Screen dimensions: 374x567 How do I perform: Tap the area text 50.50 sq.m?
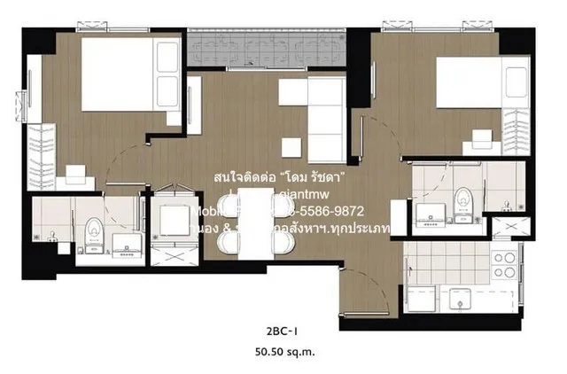(283, 352)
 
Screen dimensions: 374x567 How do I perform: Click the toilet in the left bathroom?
(91, 235)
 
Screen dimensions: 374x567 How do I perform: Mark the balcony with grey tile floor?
(266, 49)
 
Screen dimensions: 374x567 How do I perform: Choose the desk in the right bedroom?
(482, 137)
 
